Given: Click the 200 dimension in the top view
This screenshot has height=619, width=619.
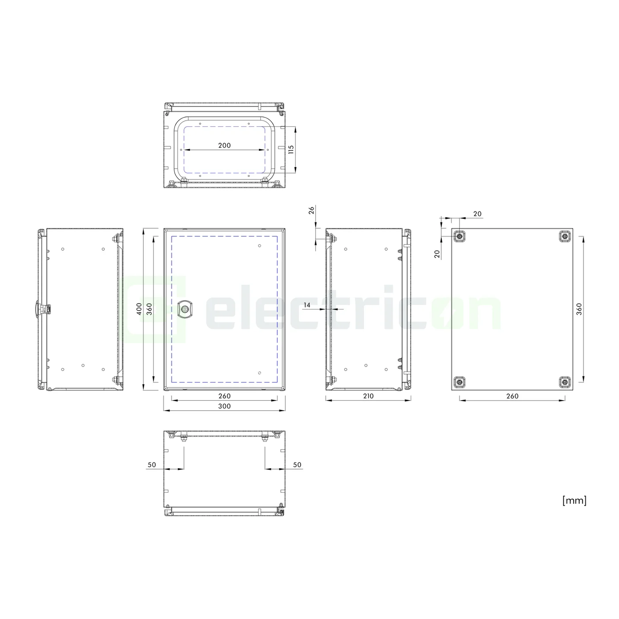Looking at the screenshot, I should [x=225, y=145].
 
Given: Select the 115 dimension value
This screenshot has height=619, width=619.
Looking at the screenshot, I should [x=290, y=149].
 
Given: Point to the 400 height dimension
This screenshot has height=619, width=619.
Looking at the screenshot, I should [x=139, y=308].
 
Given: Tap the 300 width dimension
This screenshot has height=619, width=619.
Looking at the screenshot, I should [x=225, y=406].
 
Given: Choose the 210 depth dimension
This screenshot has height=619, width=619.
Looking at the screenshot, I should [x=368, y=396].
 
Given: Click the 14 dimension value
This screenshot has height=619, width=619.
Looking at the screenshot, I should [x=307, y=305].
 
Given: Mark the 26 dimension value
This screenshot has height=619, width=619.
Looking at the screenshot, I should [x=311, y=210].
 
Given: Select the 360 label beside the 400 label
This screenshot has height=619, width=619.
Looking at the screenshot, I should [x=149, y=308].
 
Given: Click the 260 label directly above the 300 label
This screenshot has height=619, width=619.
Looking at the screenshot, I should [x=225, y=396].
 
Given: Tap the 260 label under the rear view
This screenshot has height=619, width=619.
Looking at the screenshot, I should [x=512, y=396].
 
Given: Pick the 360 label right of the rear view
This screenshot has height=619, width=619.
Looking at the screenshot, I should [x=579, y=309].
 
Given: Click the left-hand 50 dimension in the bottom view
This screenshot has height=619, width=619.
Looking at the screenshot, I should [x=152, y=465].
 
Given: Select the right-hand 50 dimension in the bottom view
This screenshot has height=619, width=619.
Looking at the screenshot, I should [x=297, y=465].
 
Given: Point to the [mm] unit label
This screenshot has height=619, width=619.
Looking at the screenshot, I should [x=574, y=500].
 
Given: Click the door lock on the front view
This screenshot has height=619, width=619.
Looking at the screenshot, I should [x=183, y=309].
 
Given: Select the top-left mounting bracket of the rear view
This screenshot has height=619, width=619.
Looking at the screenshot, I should [x=460, y=237].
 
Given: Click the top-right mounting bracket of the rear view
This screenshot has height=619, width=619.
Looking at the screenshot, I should [x=565, y=237].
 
